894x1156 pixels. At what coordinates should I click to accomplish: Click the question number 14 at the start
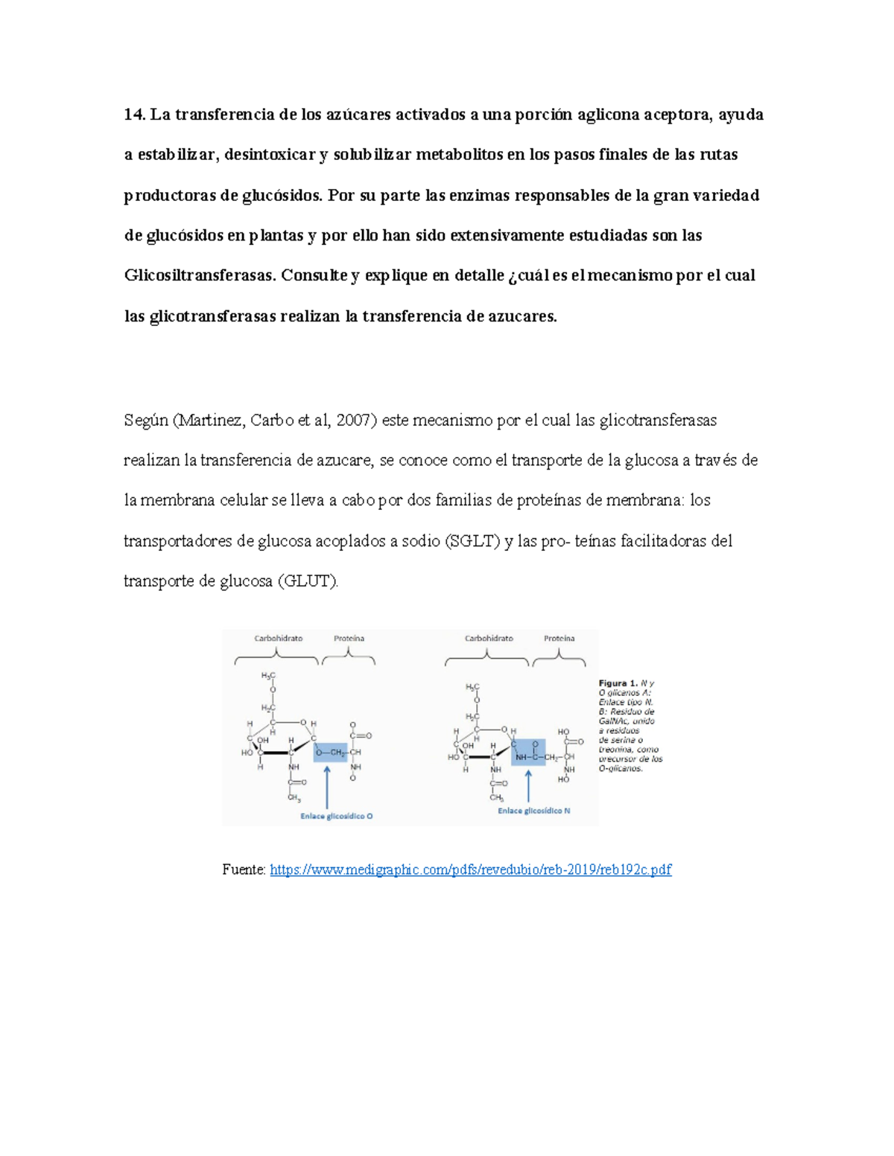click(x=134, y=115)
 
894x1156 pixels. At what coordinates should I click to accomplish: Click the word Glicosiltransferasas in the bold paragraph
click(x=200, y=275)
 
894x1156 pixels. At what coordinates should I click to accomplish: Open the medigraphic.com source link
click(x=470, y=869)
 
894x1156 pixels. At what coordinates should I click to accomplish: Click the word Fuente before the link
click(x=243, y=869)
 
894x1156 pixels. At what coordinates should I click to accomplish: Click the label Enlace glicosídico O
click(x=336, y=816)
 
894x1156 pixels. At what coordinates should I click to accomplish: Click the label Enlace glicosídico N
click(x=533, y=811)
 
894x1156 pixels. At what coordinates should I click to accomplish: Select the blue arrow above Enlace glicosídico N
click(x=529, y=785)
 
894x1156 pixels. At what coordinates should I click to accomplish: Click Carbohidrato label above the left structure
click(x=278, y=639)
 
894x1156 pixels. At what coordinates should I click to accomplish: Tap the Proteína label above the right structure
click(x=559, y=639)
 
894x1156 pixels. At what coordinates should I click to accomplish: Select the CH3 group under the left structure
click(x=294, y=799)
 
